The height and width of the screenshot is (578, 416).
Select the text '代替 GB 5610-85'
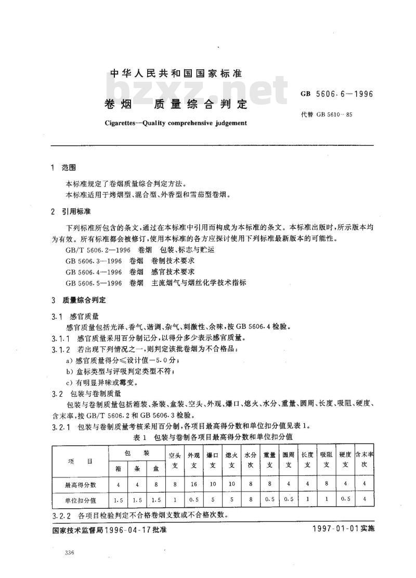click(327, 114)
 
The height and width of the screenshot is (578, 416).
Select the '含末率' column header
click(364, 455)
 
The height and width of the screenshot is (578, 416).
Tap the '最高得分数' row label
click(80, 485)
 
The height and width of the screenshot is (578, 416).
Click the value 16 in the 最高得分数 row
click(194, 485)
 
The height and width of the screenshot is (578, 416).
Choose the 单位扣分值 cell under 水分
click(251, 500)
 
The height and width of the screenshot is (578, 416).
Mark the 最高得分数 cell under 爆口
click(213, 485)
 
